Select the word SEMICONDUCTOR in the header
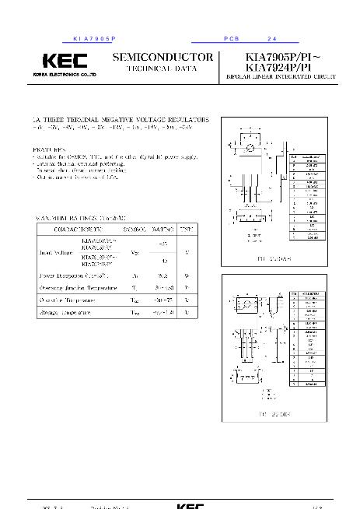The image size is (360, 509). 163,58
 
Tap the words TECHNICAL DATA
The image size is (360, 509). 163,69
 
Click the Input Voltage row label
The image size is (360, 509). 53,253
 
